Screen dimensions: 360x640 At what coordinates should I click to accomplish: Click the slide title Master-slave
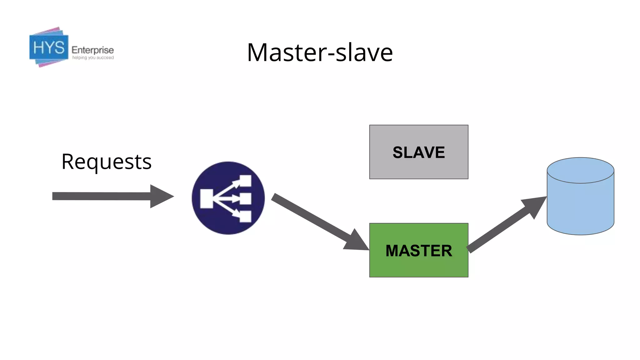(x=320, y=52)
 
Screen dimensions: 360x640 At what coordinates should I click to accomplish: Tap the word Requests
(x=107, y=162)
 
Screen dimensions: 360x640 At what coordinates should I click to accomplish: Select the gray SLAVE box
(x=418, y=152)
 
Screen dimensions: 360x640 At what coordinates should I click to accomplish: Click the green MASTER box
(x=418, y=250)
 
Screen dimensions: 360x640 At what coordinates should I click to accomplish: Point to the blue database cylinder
(x=580, y=206)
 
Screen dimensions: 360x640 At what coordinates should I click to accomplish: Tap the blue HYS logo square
(x=49, y=47)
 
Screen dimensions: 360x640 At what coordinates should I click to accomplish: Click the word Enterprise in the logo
(x=92, y=50)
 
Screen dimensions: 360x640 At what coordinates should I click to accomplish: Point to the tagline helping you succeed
(x=93, y=58)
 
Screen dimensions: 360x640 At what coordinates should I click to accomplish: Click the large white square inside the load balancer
(x=207, y=198)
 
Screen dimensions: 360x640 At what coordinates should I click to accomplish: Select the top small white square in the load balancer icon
(x=245, y=181)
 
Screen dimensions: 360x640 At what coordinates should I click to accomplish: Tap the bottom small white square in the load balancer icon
(x=245, y=217)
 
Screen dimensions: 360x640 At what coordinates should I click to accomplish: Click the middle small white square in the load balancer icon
(x=245, y=199)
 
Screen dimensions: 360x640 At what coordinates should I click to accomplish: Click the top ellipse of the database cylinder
(x=580, y=170)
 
